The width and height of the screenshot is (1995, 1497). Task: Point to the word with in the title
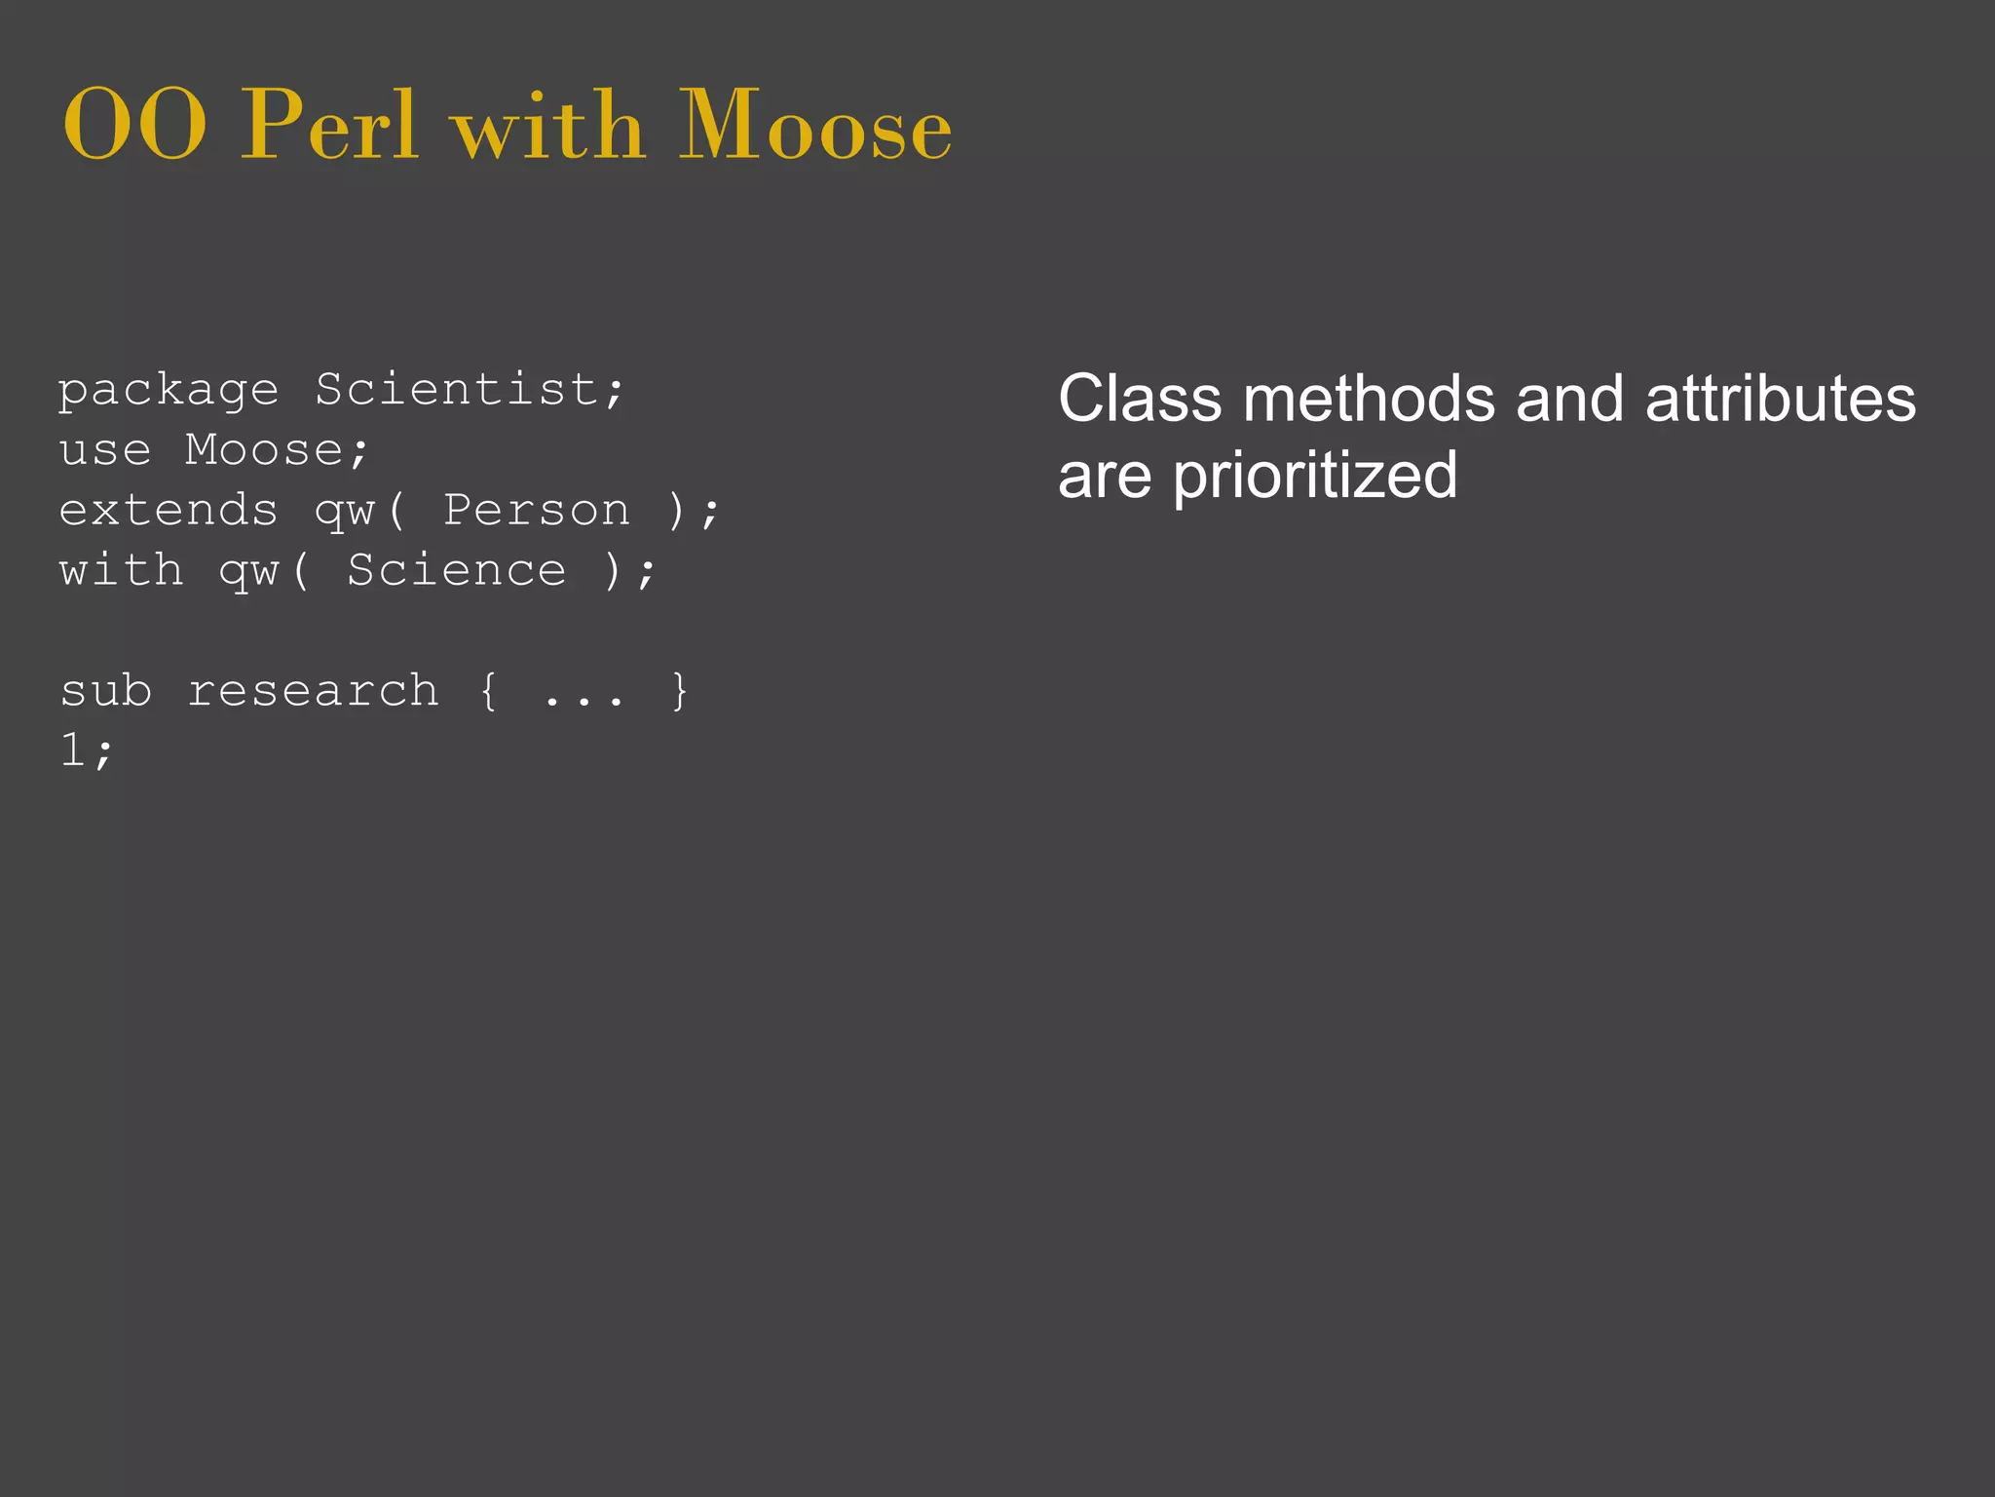[x=549, y=127]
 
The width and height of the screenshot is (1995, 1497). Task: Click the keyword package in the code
[x=169, y=392]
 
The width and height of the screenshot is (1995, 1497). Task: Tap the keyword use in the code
[x=105, y=450]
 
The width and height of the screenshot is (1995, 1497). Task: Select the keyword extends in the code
[x=169, y=511]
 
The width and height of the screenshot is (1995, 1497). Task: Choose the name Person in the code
[x=537, y=511]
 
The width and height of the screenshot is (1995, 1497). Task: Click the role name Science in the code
[x=457, y=571]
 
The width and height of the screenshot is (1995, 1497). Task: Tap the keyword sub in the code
[x=105, y=691]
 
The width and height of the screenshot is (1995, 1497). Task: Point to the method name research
[x=313, y=691]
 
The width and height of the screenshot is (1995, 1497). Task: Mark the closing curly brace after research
[x=680, y=691]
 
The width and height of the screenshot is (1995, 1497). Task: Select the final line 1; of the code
[x=87, y=751]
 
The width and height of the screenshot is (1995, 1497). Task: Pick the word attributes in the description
[x=1780, y=400]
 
